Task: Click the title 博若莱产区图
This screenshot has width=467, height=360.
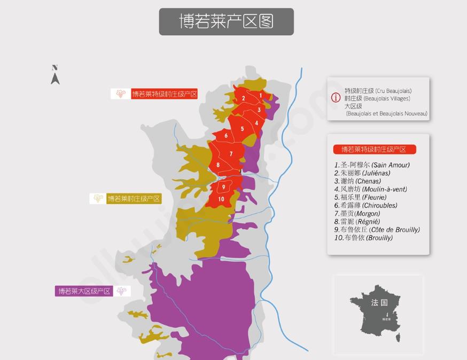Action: (x=226, y=21)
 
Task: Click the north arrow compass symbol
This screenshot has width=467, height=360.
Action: (x=55, y=75)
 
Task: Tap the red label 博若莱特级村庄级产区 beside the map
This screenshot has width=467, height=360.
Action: (x=165, y=94)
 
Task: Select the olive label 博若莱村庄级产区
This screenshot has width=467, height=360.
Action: (x=134, y=199)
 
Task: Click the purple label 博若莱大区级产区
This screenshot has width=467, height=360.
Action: (x=84, y=291)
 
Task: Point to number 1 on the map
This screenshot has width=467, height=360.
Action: (x=261, y=96)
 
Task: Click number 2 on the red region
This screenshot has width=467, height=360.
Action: (x=243, y=98)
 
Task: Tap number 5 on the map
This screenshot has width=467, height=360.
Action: (x=242, y=129)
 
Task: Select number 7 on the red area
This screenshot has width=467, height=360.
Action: (x=231, y=154)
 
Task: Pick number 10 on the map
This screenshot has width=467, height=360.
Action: (x=221, y=199)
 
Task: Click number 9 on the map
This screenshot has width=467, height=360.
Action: (x=223, y=186)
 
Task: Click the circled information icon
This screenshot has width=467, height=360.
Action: (x=336, y=98)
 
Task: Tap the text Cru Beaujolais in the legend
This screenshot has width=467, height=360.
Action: (x=394, y=91)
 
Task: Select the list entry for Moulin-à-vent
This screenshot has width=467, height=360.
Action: (x=370, y=189)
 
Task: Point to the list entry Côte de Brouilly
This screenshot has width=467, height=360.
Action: (x=377, y=230)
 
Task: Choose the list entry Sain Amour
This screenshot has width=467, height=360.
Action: (x=372, y=165)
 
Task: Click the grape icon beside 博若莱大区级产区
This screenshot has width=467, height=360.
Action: (x=122, y=291)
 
